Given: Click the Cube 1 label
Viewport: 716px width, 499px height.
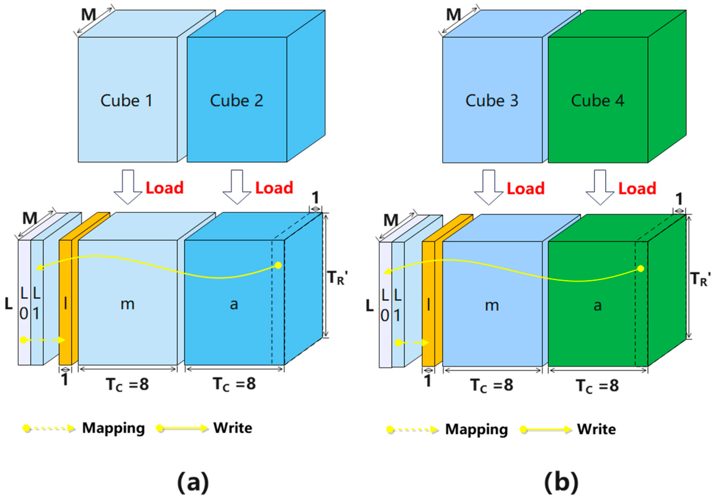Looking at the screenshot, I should [127, 101].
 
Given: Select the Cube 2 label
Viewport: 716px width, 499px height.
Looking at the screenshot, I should [236, 101].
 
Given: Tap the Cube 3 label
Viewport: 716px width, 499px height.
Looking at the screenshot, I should [492, 101].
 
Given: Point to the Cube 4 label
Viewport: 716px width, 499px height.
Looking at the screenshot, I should [597, 101].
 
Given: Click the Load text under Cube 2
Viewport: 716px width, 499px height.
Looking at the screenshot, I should [274, 188].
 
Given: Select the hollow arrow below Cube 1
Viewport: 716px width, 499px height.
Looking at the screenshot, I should [128, 187].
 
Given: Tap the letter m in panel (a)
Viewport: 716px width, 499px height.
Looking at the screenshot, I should [128, 304].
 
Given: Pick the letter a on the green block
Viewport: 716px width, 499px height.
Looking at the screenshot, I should [597, 305].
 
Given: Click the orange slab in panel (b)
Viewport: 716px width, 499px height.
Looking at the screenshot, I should [428, 304].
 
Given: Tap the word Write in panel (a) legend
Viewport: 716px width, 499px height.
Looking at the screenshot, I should [233, 428].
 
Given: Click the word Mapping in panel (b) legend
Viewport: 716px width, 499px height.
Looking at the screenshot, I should [476, 429].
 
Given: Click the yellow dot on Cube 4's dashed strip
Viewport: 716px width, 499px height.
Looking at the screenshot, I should [641, 269].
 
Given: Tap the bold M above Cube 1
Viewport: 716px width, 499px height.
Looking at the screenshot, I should [89, 15].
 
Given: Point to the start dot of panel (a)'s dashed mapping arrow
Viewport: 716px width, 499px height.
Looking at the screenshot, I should [24, 340].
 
